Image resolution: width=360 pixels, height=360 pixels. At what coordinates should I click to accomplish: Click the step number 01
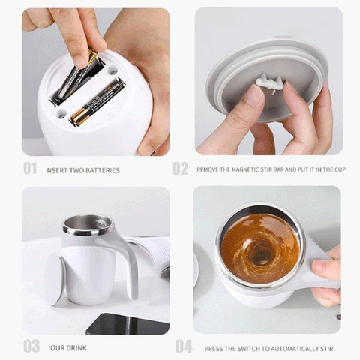click(29, 169)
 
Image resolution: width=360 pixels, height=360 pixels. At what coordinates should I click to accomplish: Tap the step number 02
click(180, 169)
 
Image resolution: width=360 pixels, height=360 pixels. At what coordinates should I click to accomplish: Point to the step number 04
click(183, 346)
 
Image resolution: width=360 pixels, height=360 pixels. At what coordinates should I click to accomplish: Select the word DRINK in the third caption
click(75, 348)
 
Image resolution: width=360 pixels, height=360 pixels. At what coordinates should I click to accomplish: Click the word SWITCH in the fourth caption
click(242, 348)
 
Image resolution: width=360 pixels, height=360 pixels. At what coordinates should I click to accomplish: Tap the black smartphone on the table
click(127, 323)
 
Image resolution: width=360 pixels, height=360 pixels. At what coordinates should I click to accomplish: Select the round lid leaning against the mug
click(55, 277)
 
